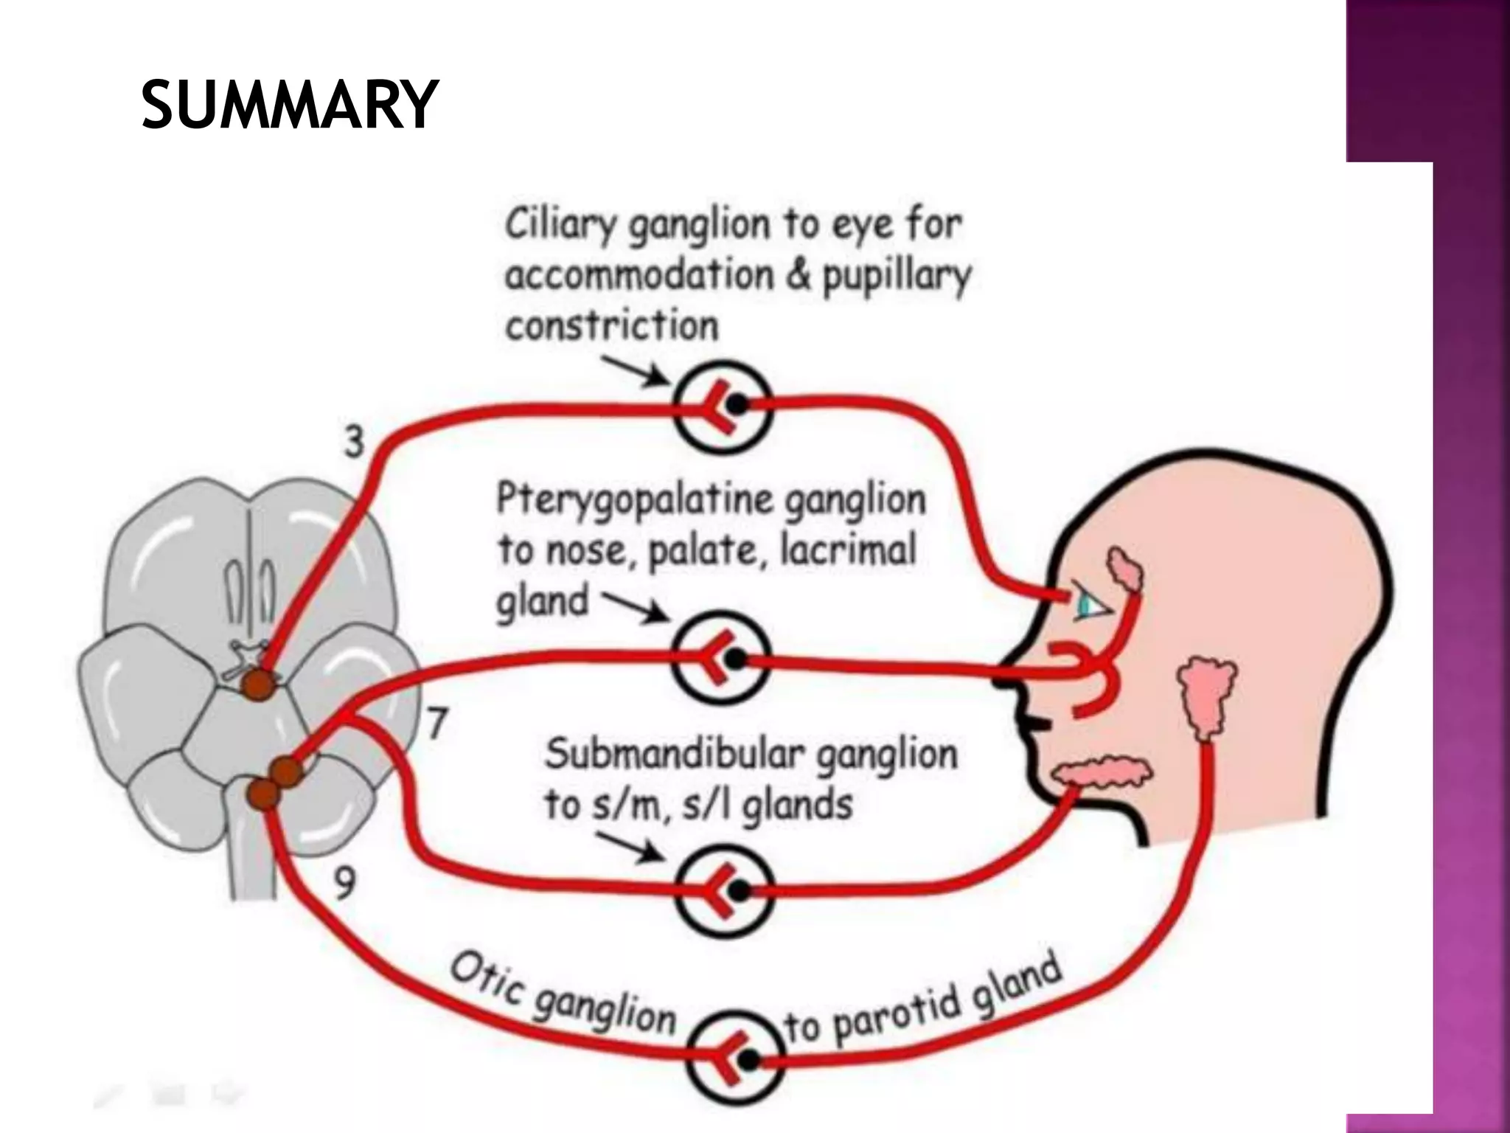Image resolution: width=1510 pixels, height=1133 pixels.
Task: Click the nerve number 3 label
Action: tap(355, 442)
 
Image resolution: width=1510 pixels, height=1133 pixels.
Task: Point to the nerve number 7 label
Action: tap(437, 723)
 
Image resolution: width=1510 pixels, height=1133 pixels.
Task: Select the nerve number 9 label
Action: tap(344, 884)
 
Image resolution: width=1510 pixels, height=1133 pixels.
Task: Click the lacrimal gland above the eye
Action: tap(1124, 569)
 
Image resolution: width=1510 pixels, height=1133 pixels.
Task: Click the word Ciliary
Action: tap(560, 224)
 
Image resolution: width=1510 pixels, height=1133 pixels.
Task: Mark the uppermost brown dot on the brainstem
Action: tap(258, 682)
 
